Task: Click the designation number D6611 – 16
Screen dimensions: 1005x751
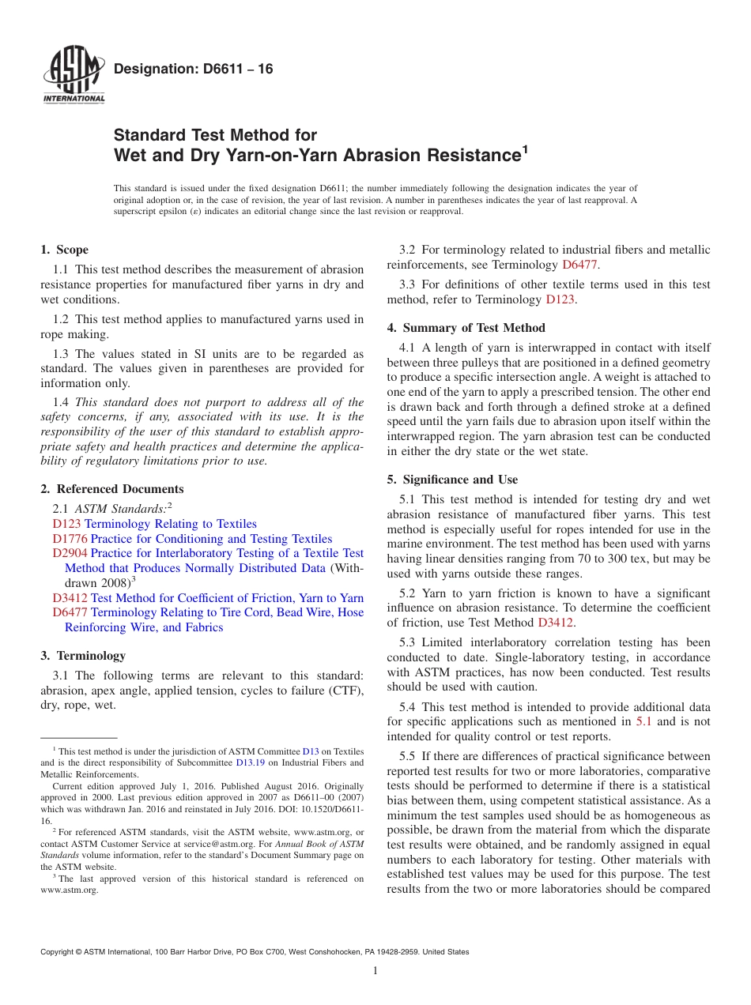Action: click(x=194, y=69)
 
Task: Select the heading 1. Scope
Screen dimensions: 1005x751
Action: click(x=64, y=250)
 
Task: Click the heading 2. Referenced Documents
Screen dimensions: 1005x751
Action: click(x=112, y=489)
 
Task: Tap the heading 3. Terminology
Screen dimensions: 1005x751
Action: click(x=82, y=656)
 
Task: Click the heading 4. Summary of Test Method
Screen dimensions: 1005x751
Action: click(x=466, y=328)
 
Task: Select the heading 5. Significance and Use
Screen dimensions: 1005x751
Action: click(x=452, y=480)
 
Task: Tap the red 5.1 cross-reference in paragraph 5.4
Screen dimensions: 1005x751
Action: click(x=644, y=721)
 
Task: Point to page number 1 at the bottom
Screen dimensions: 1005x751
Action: click(x=375, y=971)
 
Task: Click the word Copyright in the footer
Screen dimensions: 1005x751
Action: click(x=58, y=952)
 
